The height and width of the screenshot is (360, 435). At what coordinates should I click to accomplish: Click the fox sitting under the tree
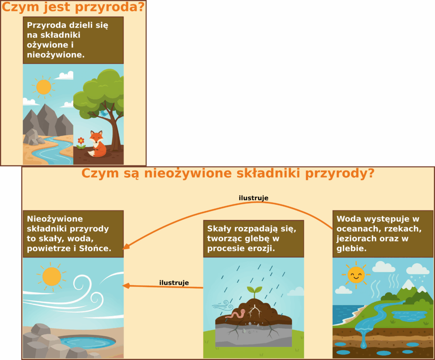pos(97,145)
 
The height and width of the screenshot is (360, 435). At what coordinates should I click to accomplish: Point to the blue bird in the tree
pos(104,113)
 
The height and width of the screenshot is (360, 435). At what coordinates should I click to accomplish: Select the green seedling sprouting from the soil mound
pos(254,292)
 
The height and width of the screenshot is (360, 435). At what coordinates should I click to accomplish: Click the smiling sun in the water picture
pos(356,275)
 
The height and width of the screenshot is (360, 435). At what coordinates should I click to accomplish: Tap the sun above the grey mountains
pos(44,87)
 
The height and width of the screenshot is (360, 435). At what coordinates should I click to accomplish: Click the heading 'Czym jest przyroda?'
pos(73,7)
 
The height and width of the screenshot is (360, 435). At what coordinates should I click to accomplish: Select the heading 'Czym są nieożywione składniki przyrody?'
pos(228,173)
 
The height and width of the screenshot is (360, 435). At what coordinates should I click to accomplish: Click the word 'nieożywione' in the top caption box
pos(56,55)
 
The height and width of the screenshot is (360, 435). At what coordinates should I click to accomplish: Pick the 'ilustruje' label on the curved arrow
pos(254,198)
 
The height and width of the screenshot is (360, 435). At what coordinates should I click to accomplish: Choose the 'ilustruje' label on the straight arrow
pos(174,283)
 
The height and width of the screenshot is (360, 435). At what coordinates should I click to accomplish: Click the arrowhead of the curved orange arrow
pos(126,247)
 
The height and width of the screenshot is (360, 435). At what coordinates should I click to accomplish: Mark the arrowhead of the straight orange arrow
pos(126,286)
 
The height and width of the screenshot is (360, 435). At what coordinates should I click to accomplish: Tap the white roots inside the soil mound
pos(254,311)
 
